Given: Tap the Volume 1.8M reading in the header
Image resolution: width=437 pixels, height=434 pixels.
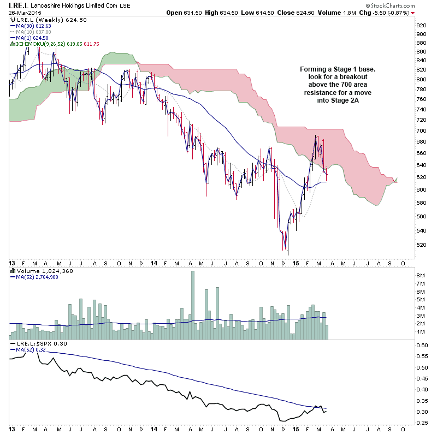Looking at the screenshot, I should coord(344,13).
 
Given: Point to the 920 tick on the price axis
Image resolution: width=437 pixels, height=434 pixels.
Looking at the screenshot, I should coord(421,25).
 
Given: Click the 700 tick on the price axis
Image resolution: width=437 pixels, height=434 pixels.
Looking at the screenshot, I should coord(421,131).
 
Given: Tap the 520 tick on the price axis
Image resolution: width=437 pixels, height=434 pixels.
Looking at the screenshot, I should coord(421,245).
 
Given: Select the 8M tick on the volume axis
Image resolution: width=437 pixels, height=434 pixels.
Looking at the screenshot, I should coord(421,276).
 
